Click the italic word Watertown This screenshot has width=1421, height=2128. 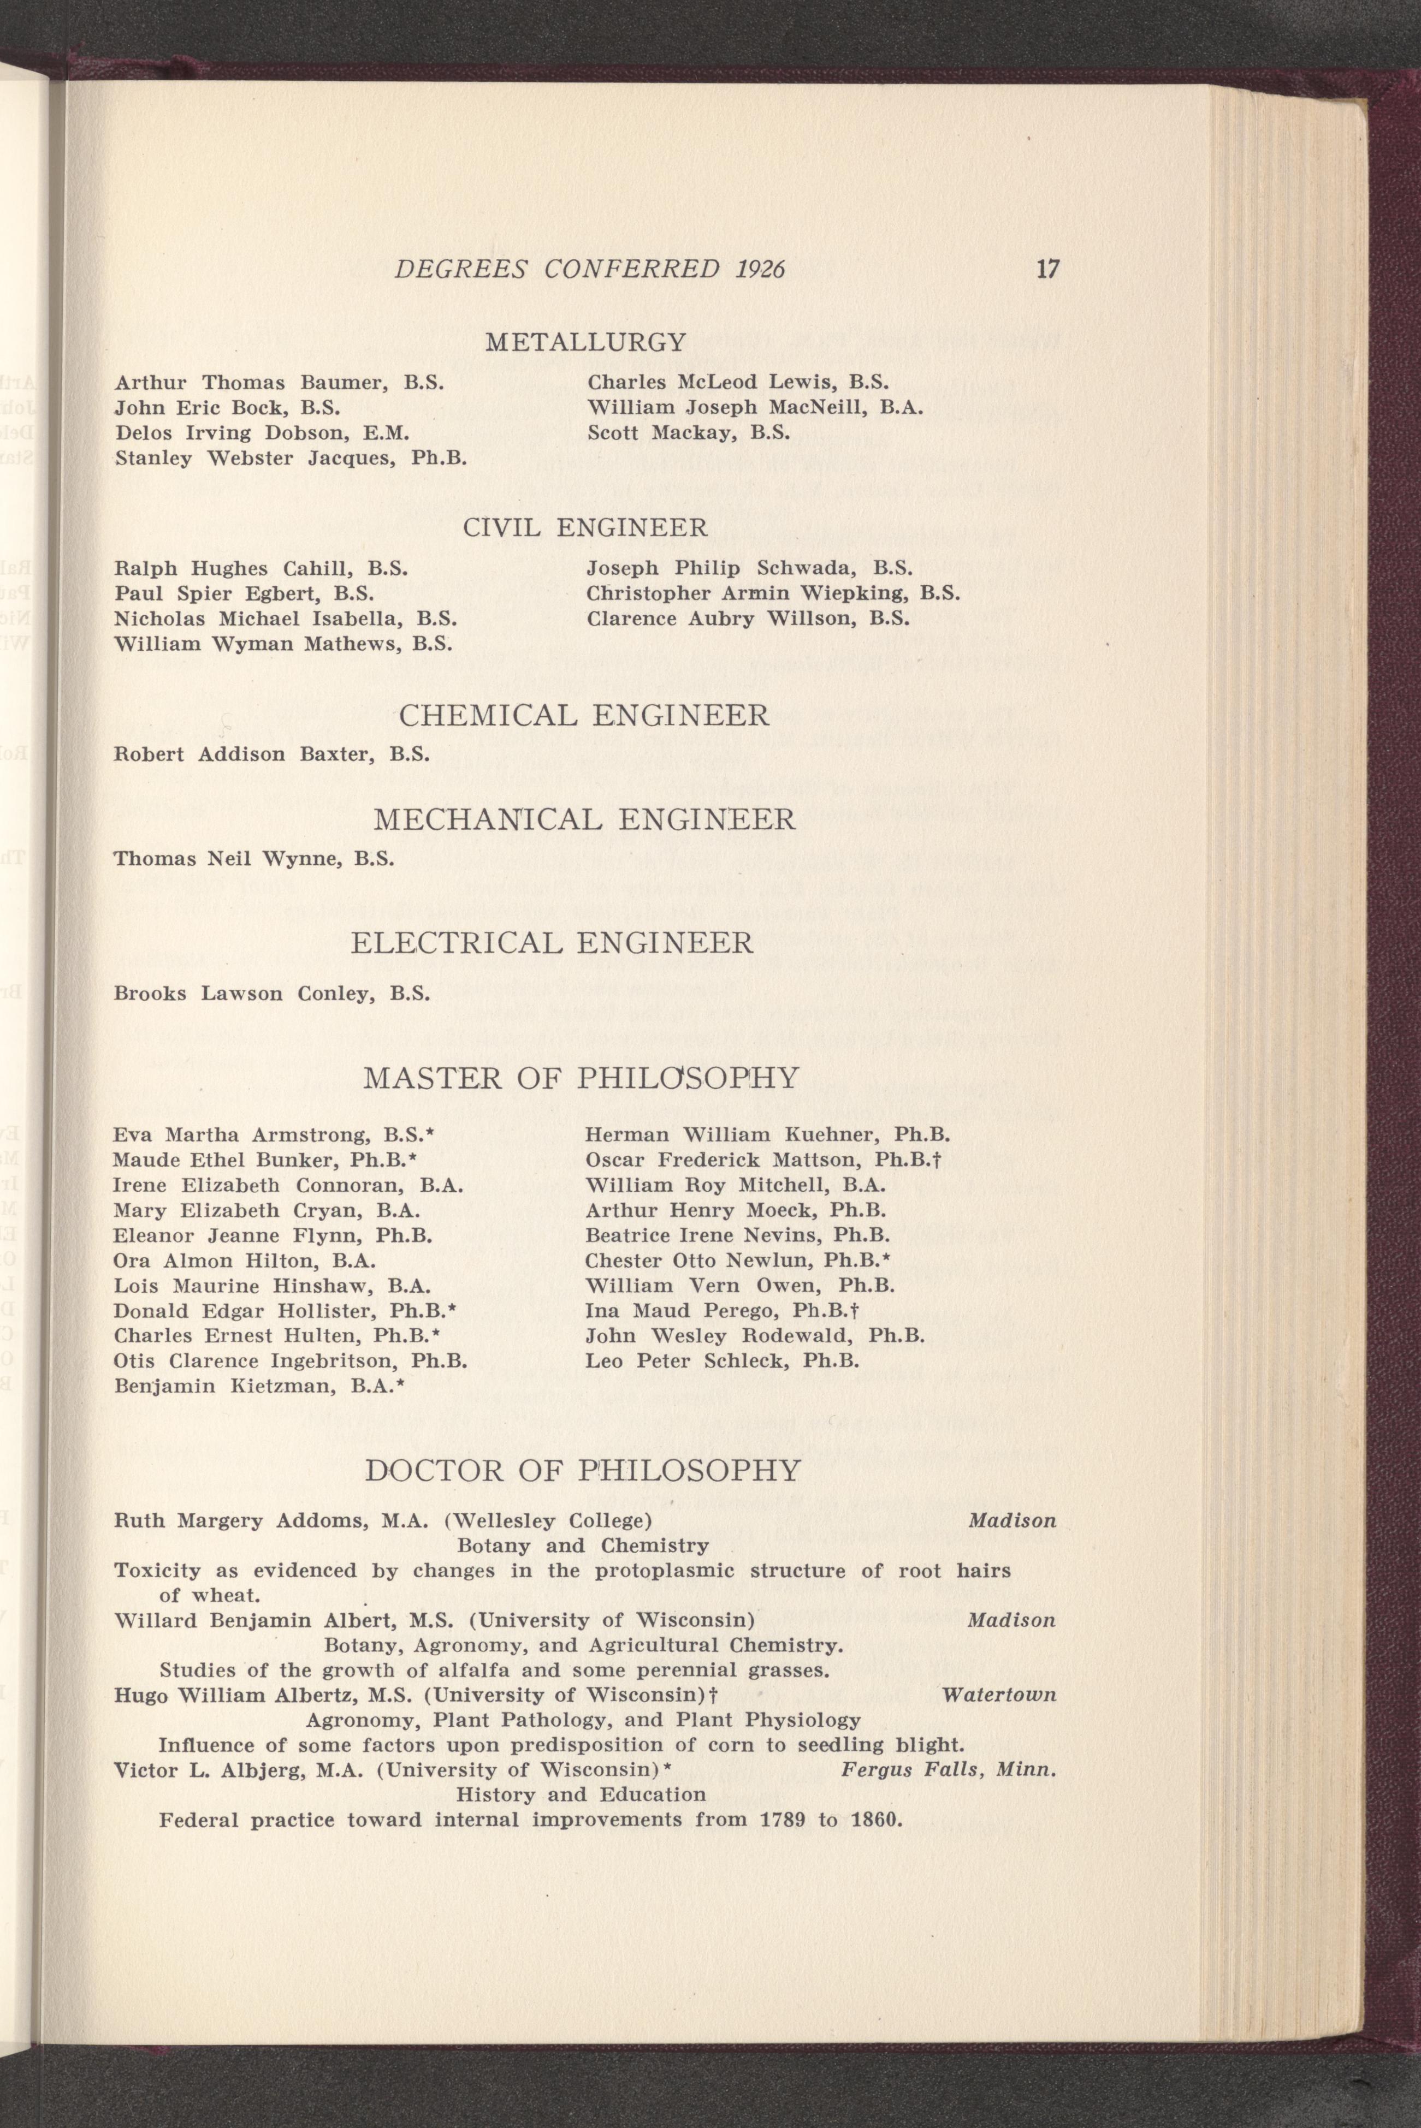point(999,1694)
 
